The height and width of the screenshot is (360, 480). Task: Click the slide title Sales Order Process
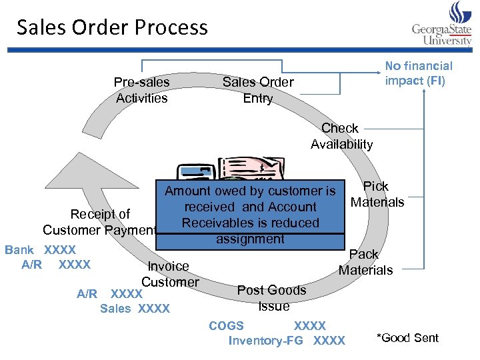[112, 27]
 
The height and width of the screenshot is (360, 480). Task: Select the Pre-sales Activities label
[141, 90]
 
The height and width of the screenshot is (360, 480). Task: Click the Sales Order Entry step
[257, 90]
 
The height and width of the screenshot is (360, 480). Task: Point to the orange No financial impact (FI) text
[418, 73]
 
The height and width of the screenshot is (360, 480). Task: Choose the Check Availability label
[341, 136]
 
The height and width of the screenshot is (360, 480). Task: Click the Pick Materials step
[377, 194]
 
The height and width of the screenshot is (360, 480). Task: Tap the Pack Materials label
[365, 262]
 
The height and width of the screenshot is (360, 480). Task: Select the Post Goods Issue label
[272, 298]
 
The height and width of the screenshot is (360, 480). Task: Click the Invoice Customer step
[169, 274]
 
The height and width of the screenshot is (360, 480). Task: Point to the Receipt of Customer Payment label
[100, 222]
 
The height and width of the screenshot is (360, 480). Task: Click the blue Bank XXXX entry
[40, 250]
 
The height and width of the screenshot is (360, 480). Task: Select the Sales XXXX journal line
[135, 309]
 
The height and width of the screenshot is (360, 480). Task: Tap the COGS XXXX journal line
[267, 326]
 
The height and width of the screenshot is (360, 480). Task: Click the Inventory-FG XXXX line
[287, 341]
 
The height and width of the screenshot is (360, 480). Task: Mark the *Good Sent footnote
[407, 338]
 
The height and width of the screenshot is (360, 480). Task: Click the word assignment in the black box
[250, 239]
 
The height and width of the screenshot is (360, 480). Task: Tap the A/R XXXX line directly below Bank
[56, 265]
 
